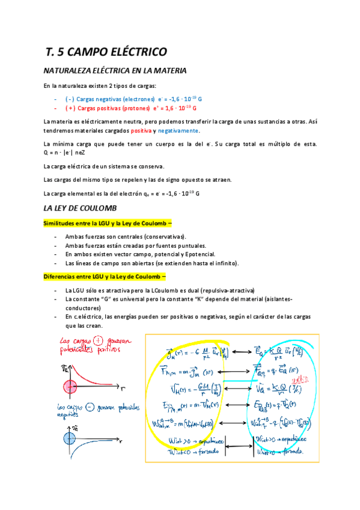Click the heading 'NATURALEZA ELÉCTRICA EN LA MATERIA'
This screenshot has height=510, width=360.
pos(115,71)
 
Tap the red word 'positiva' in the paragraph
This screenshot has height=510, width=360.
pos(140,131)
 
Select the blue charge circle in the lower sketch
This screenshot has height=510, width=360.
pos(70,448)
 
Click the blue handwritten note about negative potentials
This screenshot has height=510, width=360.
pos(90,411)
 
